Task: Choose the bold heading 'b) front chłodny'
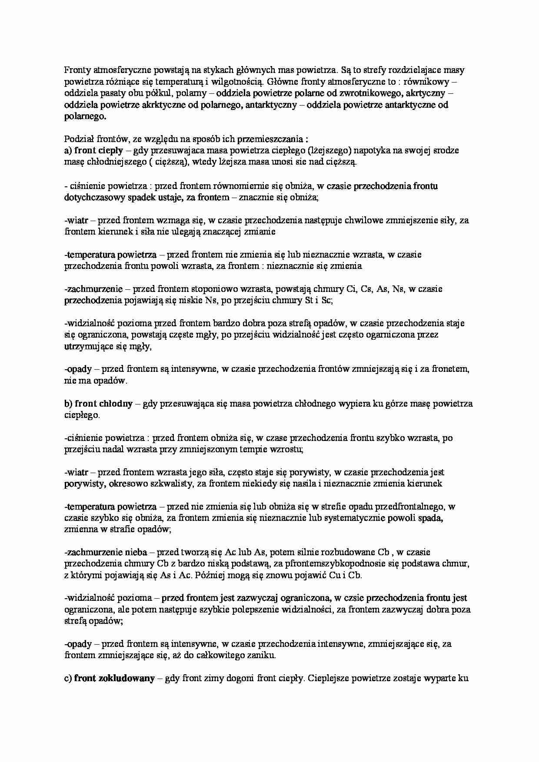click(x=98, y=404)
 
